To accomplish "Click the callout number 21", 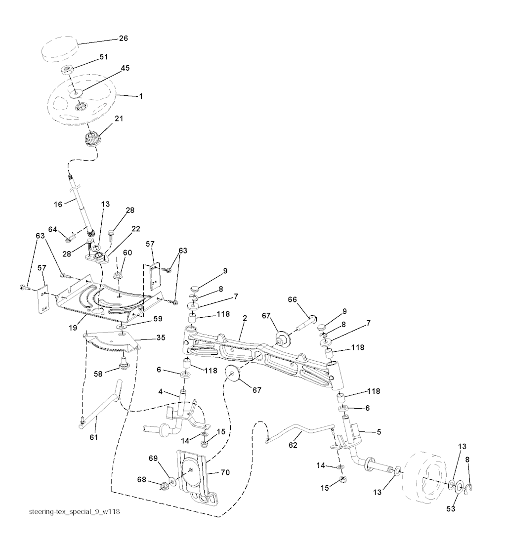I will [119, 119].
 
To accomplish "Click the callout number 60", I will [127, 252].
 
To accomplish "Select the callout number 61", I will [94, 437].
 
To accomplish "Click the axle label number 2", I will [244, 319].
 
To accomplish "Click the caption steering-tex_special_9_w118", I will [75, 511].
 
